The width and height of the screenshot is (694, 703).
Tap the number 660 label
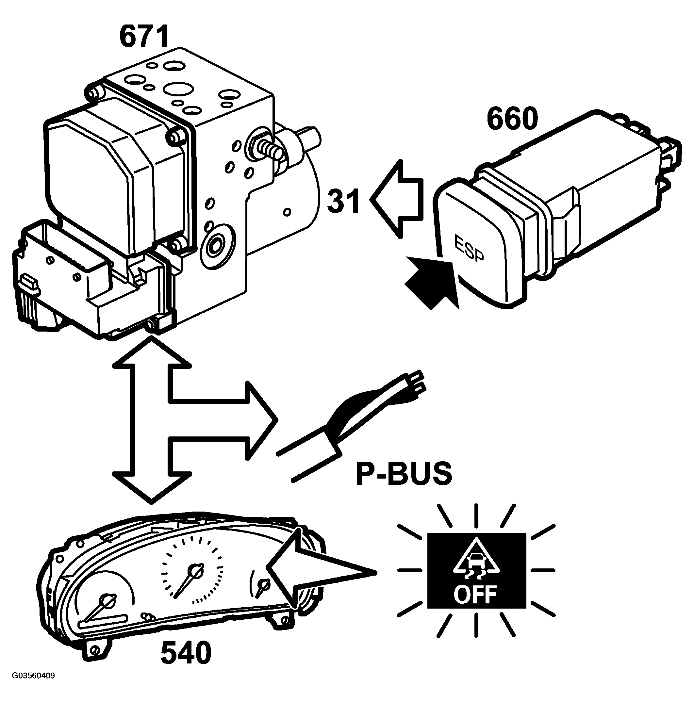512,119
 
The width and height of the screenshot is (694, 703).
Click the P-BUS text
404,473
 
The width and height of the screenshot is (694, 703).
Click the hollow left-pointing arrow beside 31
397,199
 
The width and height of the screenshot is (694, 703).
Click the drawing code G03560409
33,686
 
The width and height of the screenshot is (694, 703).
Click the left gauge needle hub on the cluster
107,601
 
